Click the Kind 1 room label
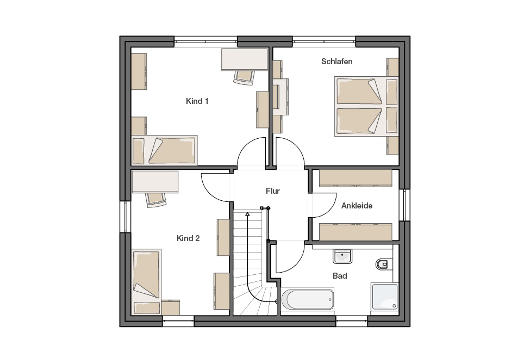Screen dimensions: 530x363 tap(197, 101)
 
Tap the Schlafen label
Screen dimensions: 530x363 tap(336, 61)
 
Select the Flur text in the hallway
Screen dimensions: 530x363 tap(273, 191)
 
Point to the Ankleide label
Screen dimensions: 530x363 tap(357, 206)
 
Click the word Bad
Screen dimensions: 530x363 tap(340, 276)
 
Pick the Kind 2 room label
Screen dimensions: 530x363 tap(188, 238)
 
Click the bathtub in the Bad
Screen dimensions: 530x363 tap(308, 299)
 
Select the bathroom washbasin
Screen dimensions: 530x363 tap(342, 256)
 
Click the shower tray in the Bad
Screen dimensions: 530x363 tap(385, 297)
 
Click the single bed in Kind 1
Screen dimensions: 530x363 tap(164, 151)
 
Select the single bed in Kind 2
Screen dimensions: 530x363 tap(146, 282)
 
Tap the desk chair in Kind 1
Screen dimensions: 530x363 tap(244, 77)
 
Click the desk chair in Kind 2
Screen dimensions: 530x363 tap(156, 200)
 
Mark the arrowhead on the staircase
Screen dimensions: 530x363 tap(247, 214)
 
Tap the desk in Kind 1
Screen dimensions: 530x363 tap(245, 60)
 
